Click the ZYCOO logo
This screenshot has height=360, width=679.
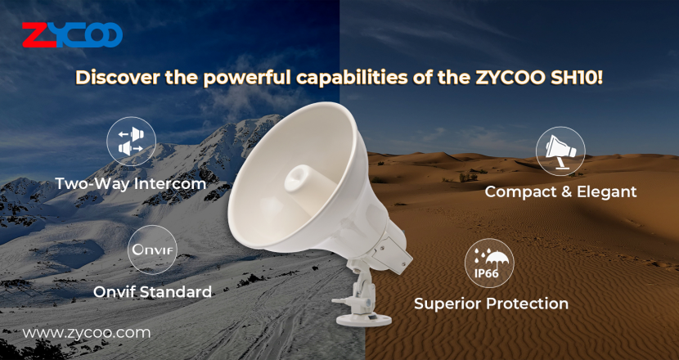coord(72,34)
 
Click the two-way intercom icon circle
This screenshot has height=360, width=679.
coord(131,142)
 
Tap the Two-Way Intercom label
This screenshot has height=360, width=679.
coord(131,183)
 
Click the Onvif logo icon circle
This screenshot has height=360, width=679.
coord(152,250)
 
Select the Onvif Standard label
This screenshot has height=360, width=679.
coord(152,291)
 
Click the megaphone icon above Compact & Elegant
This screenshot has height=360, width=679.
coord(560,151)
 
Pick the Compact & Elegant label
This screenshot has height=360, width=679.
coord(560,191)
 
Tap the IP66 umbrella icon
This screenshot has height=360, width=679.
coord(489,263)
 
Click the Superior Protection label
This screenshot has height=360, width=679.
coord(491,304)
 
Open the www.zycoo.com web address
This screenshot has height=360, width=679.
coord(87,333)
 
